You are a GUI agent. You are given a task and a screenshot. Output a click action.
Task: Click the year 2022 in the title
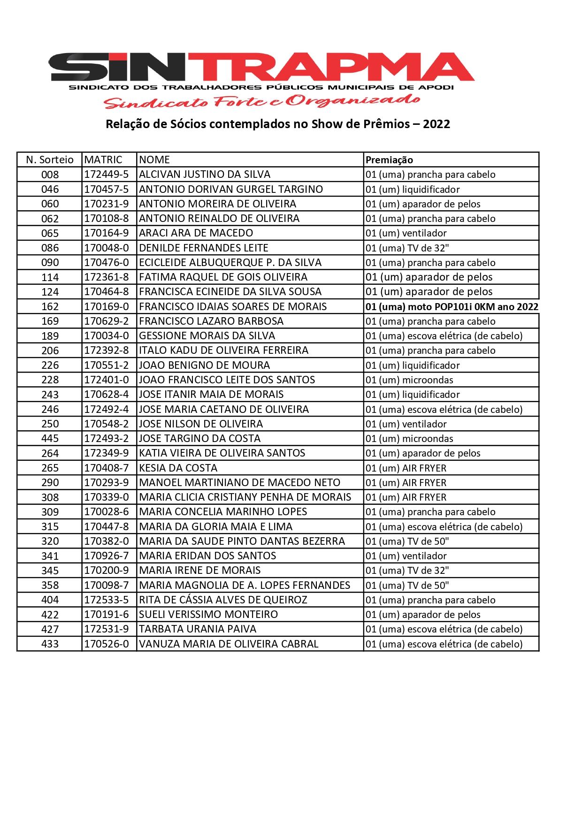[x=436, y=124]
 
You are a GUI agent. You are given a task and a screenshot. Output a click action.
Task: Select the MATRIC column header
[x=103, y=160]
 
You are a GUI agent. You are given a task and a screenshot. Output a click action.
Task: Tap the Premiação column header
[x=389, y=160]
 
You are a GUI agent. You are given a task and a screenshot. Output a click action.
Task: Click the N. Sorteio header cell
[x=50, y=160]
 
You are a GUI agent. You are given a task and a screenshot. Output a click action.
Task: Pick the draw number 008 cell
[x=50, y=175]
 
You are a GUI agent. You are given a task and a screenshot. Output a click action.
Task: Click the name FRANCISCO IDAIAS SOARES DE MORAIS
[x=233, y=306]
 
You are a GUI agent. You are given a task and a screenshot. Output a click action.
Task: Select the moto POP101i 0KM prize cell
[x=452, y=307]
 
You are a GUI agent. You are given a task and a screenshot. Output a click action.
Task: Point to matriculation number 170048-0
[x=106, y=248]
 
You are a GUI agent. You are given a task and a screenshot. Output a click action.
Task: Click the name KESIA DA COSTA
[x=178, y=468]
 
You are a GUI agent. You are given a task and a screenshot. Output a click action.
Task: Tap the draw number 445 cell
[x=50, y=438]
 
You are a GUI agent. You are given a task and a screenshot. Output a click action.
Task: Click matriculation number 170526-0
[x=106, y=644]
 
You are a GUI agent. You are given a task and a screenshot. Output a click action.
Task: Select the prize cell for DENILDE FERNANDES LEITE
[x=407, y=248]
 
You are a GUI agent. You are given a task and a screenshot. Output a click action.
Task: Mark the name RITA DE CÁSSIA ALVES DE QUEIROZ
[x=223, y=600]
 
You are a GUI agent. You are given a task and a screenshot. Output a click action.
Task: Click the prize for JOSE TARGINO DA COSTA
[x=409, y=439]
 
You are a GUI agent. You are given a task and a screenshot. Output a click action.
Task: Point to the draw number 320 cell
[x=50, y=541]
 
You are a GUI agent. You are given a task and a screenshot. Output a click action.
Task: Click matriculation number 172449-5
[x=106, y=175]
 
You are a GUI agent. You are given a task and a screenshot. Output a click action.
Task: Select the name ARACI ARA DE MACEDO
[x=196, y=233]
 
